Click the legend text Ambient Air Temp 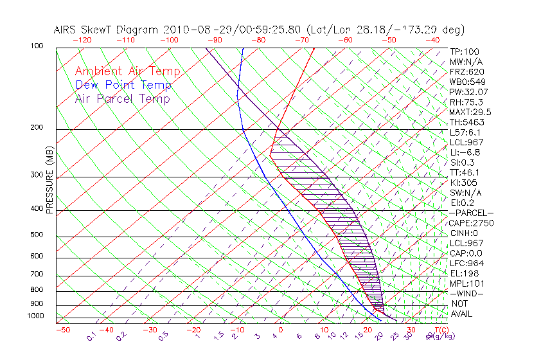(127, 71)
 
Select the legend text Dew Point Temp (123, 85)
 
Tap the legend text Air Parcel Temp (122, 98)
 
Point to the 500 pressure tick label (37, 235)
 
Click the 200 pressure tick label (37, 128)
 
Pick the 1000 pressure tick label (36, 316)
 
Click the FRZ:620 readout (466, 72)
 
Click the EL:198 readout (463, 273)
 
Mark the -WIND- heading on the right (467, 293)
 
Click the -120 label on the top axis (82, 40)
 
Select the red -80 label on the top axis (258, 40)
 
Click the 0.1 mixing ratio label (91, 336)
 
